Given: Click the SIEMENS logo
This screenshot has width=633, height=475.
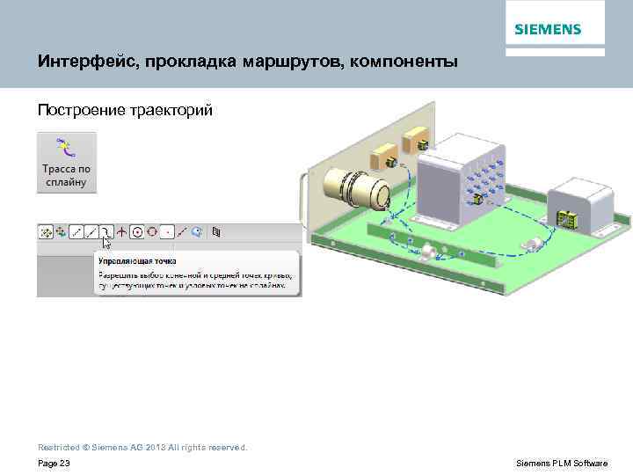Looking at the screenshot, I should point(548,29).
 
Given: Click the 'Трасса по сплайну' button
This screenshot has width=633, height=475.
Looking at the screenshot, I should point(67,163).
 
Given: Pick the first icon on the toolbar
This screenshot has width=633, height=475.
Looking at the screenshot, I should point(45,232).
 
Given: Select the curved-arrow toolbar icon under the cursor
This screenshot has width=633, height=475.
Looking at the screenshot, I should point(106,232).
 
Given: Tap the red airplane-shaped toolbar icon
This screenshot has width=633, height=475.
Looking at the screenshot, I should point(121,232).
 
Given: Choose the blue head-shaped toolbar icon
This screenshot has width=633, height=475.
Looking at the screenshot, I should point(197,232).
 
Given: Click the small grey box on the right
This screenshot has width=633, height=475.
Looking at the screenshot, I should point(581,201).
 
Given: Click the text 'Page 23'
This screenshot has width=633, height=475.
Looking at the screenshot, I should point(54,463).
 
